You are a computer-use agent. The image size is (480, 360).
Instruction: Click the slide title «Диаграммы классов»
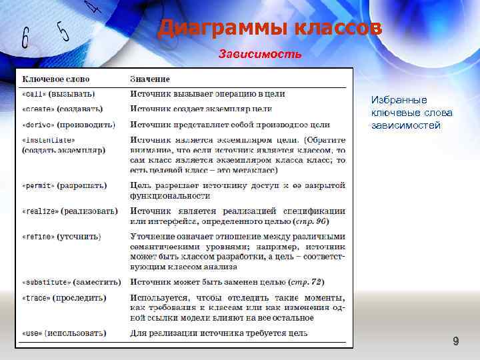(x=269, y=29)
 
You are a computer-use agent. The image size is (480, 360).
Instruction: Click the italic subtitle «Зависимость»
(x=260, y=53)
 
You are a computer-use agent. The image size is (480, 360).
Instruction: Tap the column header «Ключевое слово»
(x=56, y=80)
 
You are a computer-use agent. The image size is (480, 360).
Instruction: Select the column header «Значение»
(x=149, y=80)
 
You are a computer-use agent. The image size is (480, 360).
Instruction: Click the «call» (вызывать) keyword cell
(x=59, y=94)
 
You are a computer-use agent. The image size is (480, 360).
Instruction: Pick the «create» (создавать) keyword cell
(x=62, y=109)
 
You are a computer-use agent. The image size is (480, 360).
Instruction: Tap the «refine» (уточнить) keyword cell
(x=61, y=237)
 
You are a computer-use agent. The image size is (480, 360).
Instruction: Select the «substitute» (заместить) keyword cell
(x=71, y=282)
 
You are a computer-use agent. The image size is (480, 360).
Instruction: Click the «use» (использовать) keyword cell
(x=64, y=333)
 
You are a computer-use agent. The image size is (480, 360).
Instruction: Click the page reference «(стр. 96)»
(x=310, y=221)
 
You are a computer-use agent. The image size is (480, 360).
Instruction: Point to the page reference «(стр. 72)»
(x=311, y=282)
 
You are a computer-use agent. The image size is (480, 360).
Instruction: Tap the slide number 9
(x=456, y=342)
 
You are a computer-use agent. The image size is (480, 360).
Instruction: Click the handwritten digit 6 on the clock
(x=25, y=38)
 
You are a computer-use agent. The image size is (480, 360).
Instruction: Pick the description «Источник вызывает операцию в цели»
(x=208, y=94)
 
